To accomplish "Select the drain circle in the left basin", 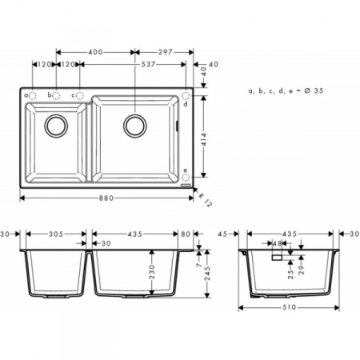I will coord(57,125).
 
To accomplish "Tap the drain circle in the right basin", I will coord(134,125).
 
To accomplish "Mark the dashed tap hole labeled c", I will coord(81,95).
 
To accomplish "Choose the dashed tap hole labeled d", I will coord(186,95).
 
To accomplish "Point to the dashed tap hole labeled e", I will coord(186,177).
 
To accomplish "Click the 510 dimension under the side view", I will coord(288,306).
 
